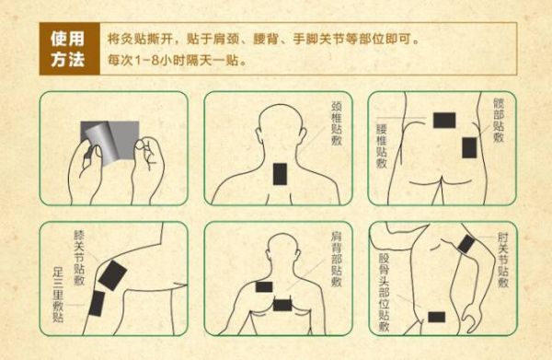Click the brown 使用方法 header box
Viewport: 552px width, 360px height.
(x=70, y=49)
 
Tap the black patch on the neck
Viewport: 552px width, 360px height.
(x=281, y=174)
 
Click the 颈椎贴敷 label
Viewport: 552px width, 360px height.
(x=337, y=123)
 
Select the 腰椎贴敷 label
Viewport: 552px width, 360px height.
(x=382, y=145)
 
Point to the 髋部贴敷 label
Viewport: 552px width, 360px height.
(x=499, y=120)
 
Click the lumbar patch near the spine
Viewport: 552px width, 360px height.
(x=444, y=121)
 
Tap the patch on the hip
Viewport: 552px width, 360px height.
(x=469, y=147)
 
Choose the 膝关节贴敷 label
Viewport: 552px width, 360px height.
(x=79, y=258)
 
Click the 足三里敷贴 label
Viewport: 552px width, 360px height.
(x=58, y=295)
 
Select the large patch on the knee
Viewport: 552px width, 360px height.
(x=112, y=275)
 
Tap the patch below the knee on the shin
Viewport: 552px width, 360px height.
(x=97, y=304)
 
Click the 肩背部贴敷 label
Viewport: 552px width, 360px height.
(x=337, y=259)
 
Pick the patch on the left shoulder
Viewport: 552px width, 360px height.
(x=264, y=287)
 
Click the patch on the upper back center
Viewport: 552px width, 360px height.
(x=282, y=305)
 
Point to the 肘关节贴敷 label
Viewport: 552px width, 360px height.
(x=503, y=260)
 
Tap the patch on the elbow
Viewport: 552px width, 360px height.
(x=466, y=244)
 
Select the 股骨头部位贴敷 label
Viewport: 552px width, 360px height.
(x=384, y=293)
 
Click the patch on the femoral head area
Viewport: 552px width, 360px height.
(x=436, y=317)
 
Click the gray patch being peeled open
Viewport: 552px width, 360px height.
(x=109, y=142)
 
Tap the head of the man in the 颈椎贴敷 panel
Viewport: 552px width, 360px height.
(x=281, y=125)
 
